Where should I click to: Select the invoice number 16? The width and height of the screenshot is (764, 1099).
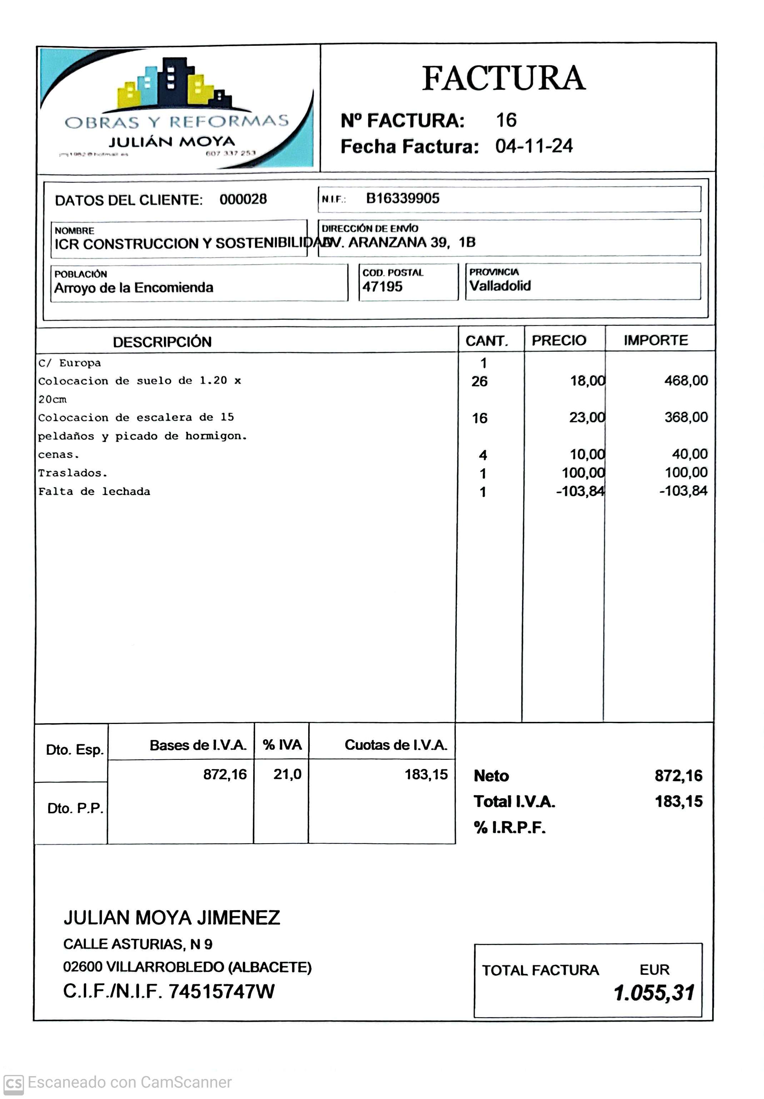[506, 120]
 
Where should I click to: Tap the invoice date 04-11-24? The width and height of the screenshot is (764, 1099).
[534, 146]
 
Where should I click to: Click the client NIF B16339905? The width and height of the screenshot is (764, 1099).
[402, 198]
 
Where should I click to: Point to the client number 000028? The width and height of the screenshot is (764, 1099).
[243, 199]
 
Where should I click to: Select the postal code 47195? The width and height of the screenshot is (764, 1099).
[382, 287]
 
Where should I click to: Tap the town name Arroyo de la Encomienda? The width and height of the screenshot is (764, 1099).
[134, 288]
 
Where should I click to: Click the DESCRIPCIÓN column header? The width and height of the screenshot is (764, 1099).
[162, 342]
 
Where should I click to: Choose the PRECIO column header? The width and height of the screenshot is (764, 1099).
[559, 340]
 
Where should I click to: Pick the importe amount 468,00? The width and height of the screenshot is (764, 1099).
[685, 380]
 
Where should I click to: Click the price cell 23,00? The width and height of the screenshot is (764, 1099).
[587, 418]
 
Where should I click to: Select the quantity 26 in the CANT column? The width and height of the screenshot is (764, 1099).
[479, 381]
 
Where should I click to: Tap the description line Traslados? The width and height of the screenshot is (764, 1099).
[73, 473]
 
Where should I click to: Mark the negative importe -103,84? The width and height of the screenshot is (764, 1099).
[683, 491]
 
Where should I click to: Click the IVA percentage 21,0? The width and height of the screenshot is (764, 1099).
[287, 774]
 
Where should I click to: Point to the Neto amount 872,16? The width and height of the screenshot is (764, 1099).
[678, 775]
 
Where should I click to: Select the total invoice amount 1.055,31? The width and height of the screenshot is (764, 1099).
[654, 992]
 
